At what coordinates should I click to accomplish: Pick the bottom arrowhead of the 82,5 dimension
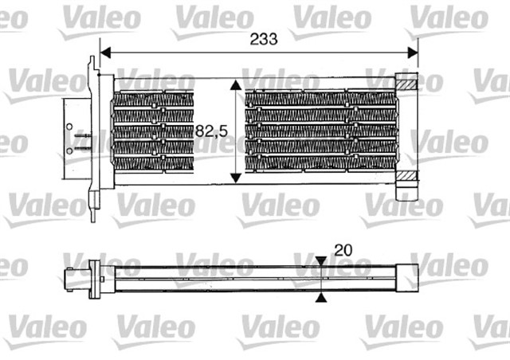[x=234, y=177]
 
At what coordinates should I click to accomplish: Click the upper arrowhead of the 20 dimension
[x=320, y=262]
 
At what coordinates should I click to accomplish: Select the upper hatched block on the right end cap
[x=406, y=82]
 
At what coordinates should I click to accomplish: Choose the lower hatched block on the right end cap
[x=406, y=176]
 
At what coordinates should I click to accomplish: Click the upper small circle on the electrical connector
[x=71, y=127]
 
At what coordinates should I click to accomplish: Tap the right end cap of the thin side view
[x=409, y=279]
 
